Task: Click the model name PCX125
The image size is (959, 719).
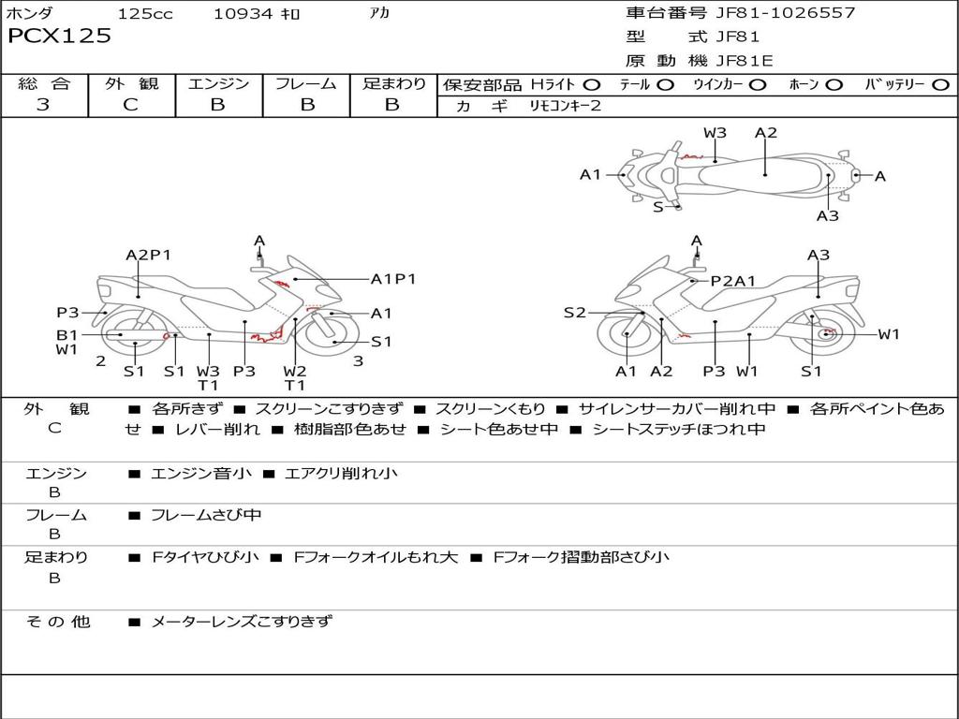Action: tap(59, 37)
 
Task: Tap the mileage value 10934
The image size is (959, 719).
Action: tap(242, 13)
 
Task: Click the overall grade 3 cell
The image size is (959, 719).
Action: tap(43, 105)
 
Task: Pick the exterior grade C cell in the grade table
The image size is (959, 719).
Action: tap(130, 105)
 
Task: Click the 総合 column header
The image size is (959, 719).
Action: tap(43, 84)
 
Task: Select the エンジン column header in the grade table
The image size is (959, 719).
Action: tap(218, 84)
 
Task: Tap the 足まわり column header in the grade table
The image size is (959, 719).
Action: tap(393, 84)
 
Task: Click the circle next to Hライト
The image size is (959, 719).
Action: tap(591, 85)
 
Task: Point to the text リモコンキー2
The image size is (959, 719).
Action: tap(565, 106)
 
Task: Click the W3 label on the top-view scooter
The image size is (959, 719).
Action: tap(715, 133)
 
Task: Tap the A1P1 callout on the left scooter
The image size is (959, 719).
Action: tap(393, 278)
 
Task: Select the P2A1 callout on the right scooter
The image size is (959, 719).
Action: tap(733, 280)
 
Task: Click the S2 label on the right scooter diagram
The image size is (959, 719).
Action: tap(574, 313)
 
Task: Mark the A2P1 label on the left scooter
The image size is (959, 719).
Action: tap(148, 255)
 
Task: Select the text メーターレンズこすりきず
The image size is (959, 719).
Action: tap(242, 621)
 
